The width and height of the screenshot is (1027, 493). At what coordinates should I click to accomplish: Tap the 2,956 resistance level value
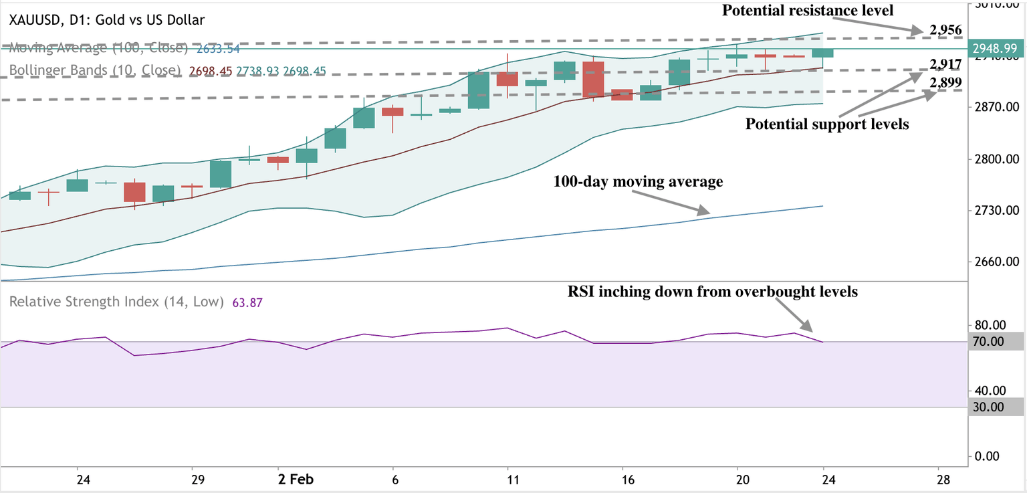coord(945,30)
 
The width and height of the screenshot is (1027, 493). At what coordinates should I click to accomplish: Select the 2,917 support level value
coord(945,65)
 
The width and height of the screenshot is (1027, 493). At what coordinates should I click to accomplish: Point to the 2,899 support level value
coord(945,82)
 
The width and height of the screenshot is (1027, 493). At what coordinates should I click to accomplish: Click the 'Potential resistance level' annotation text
coord(807,10)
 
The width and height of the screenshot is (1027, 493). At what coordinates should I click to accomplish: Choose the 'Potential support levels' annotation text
coord(827,124)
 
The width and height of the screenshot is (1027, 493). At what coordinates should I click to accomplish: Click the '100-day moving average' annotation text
coord(638,182)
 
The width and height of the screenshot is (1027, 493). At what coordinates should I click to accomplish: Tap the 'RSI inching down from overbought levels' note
coord(713,292)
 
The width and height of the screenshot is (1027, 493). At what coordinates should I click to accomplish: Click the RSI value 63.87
coord(247,302)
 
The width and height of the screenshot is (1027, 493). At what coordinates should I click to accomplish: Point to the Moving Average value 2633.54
coord(217,49)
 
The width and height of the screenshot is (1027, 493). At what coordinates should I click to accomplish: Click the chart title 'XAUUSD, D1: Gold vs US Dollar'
coord(106,21)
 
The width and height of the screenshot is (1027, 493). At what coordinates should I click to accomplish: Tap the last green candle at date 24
coord(822,53)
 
